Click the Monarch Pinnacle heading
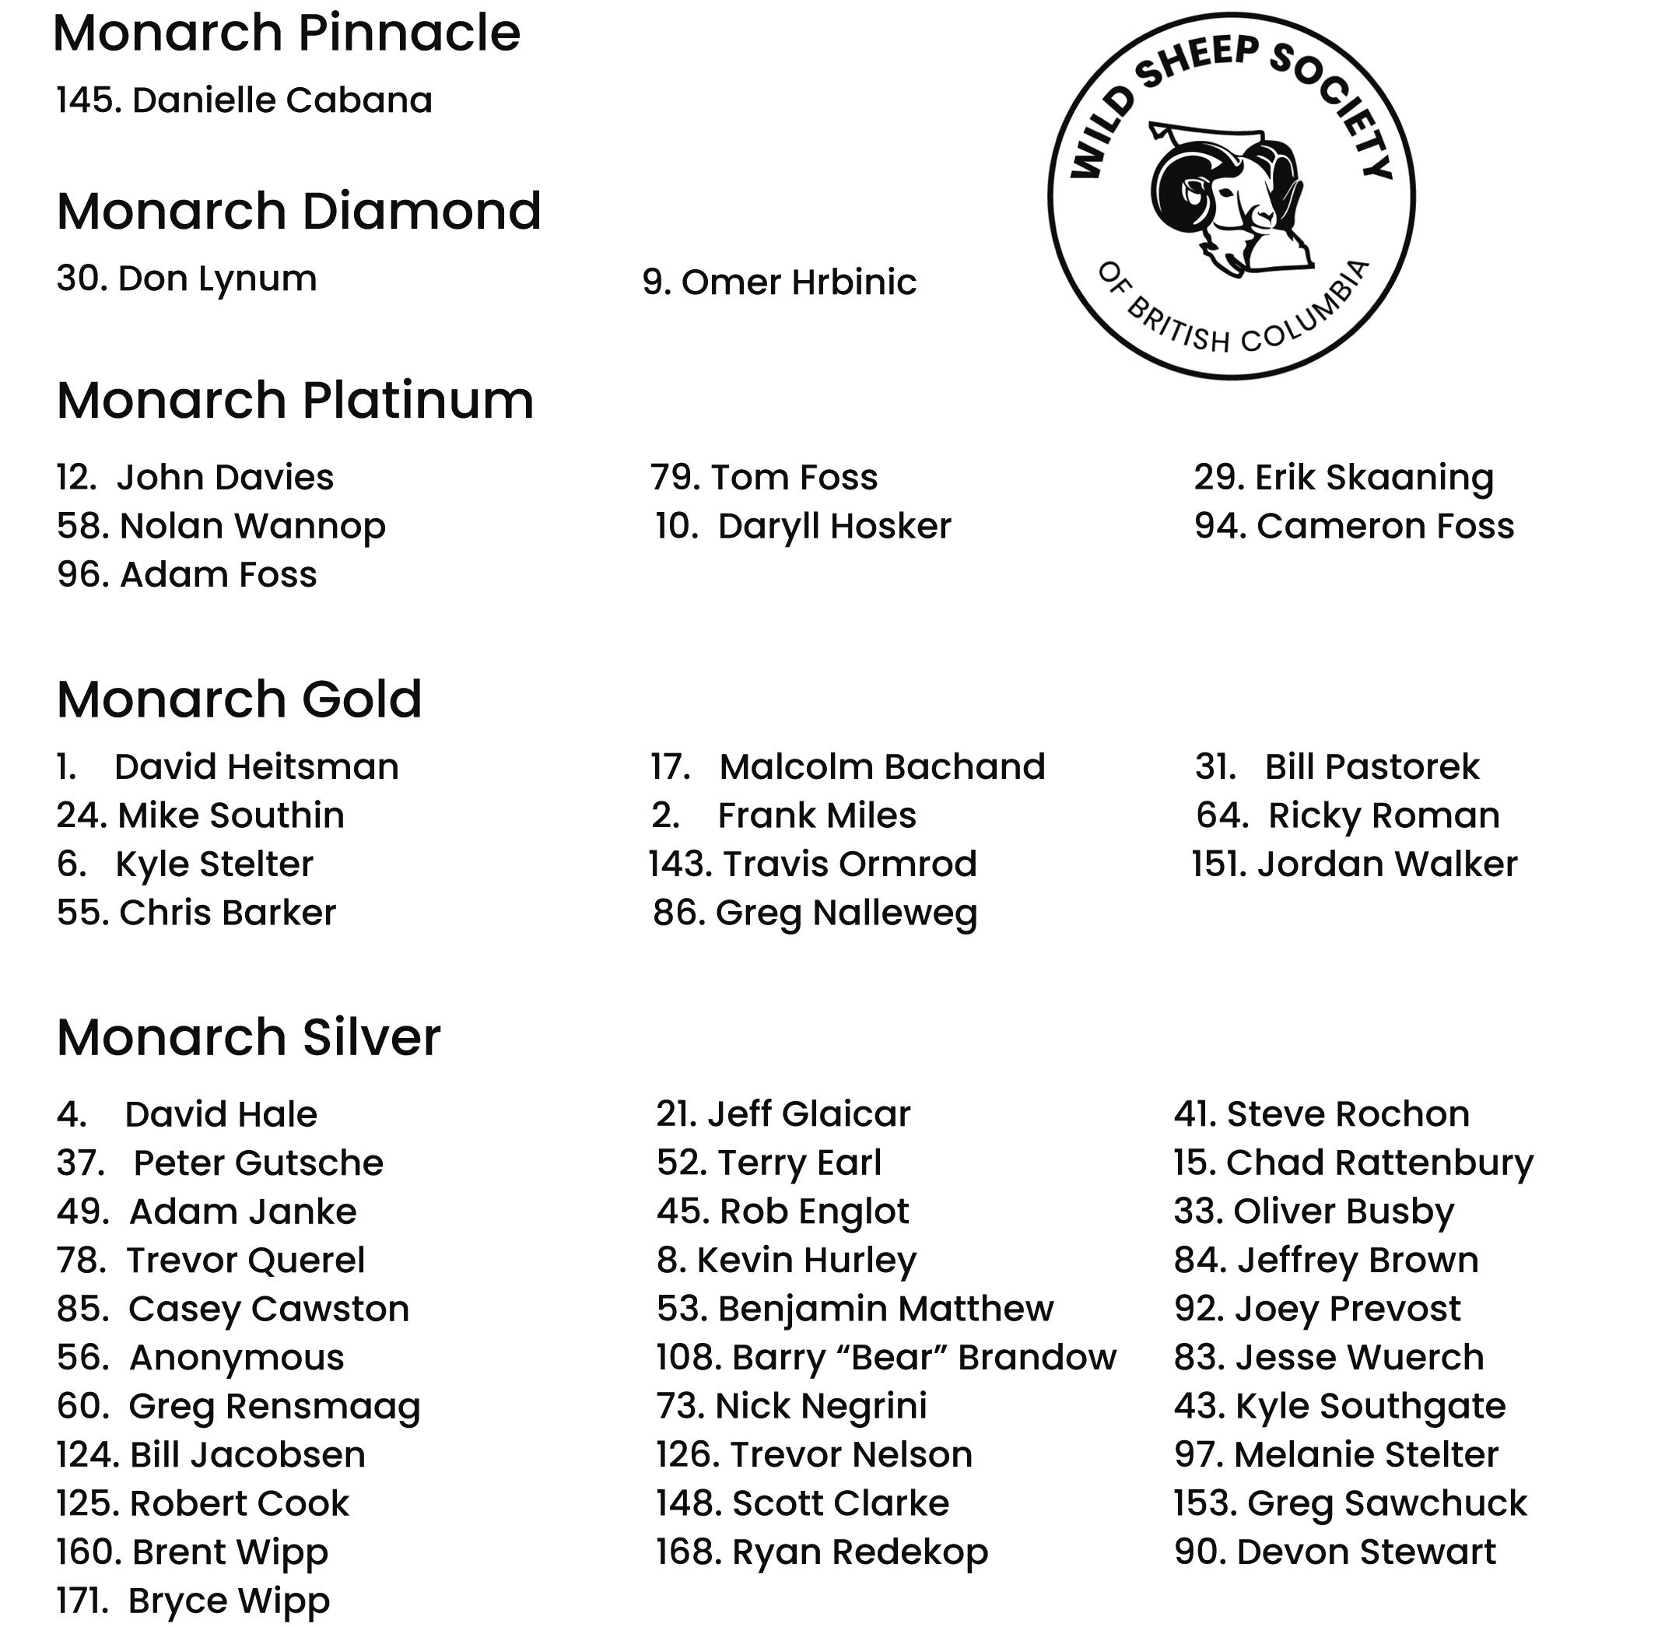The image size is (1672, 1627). tap(286, 34)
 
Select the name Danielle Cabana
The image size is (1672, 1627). tap(282, 100)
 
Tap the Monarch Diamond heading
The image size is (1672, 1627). tap(299, 211)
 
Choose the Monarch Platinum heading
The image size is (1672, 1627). tap(295, 400)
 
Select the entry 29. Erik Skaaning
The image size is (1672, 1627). tap(1343, 477)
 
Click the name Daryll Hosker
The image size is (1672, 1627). tap(834, 525)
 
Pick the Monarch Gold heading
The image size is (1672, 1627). tap(239, 699)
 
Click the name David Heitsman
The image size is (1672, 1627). tap(256, 766)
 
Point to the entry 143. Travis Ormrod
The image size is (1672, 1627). tap(812, 864)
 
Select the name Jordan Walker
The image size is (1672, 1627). tap(1386, 864)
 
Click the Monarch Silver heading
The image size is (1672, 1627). tap(249, 1037)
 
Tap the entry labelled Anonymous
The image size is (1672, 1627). tap(236, 1358)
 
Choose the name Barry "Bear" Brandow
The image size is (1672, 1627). tap(924, 1358)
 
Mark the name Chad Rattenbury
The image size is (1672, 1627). tap(1379, 1162)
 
